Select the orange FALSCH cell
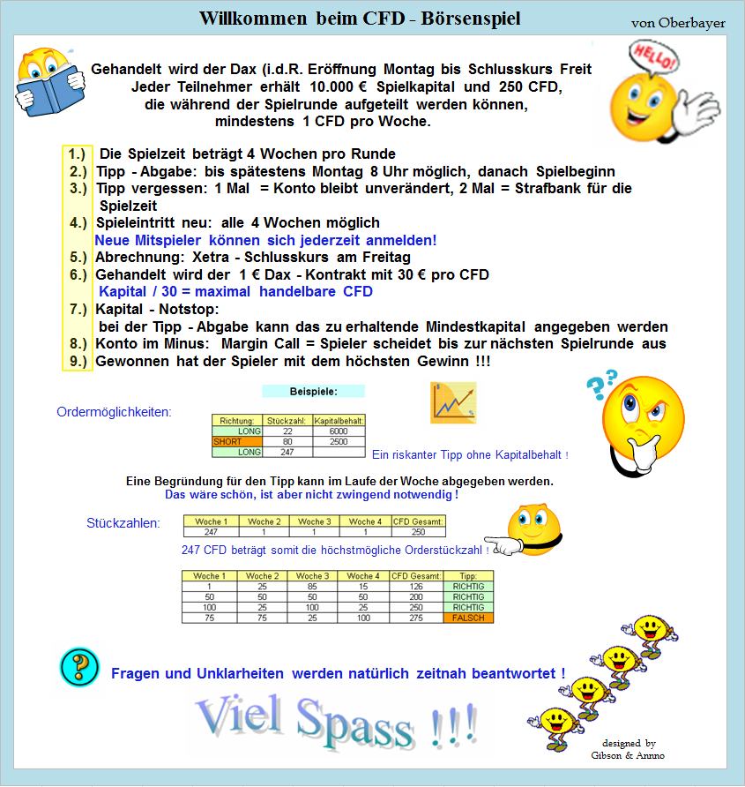[x=468, y=618]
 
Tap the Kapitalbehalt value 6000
[x=339, y=431]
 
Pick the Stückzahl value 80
[x=287, y=441]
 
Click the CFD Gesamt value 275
[x=418, y=618]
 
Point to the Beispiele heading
[x=313, y=391]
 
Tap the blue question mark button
[x=78, y=666]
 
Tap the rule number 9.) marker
[x=78, y=361]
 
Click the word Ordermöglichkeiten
[x=114, y=412]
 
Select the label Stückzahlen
[x=123, y=523]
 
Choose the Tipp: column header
[x=468, y=576]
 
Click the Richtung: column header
[x=237, y=421]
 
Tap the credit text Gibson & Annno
[x=629, y=755]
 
